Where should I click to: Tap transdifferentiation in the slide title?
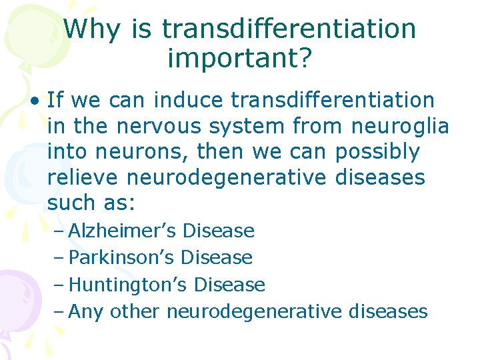[x=289, y=29]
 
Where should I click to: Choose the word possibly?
[x=377, y=152]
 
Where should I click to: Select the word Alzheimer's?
[x=123, y=231]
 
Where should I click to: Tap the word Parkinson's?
[x=122, y=257]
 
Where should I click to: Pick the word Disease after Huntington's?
[x=229, y=285]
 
